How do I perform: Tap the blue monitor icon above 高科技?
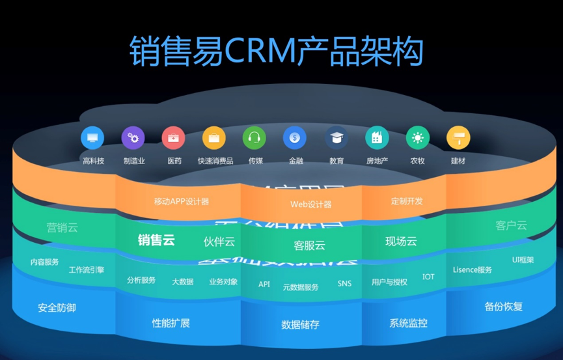click(92, 137)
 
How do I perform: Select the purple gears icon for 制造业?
click(133, 137)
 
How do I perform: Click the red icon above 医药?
click(174, 137)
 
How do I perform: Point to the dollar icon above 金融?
click(295, 137)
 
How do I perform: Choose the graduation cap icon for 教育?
click(336, 137)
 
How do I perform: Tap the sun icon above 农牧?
click(417, 137)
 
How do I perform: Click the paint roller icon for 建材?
click(458, 137)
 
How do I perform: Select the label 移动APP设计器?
click(182, 202)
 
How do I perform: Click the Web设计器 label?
click(310, 204)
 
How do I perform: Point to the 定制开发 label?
click(407, 201)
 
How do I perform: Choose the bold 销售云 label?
click(156, 240)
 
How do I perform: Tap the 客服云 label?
click(309, 245)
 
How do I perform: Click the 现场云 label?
click(401, 242)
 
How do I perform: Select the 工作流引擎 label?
click(87, 270)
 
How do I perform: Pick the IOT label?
click(428, 277)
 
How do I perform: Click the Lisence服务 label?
click(473, 270)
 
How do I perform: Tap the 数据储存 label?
click(300, 325)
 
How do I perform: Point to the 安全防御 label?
click(57, 307)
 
